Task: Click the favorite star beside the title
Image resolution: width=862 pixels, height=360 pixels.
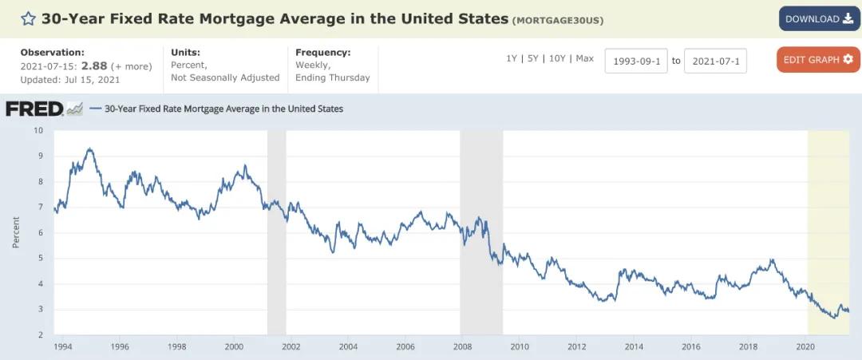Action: [x=29, y=18]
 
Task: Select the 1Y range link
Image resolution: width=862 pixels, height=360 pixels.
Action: [x=512, y=58]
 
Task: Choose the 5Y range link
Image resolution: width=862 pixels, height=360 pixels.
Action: [x=532, y=58]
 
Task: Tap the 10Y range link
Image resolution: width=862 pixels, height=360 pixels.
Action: [x=557, y=58]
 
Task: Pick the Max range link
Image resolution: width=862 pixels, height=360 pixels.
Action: [x=585, y=58]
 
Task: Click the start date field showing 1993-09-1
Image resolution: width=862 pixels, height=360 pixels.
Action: [x=635, y=61]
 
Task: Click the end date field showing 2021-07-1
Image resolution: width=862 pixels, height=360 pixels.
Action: [x=715, y=61]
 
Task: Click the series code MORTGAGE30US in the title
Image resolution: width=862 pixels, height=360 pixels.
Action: [x=558, y=19]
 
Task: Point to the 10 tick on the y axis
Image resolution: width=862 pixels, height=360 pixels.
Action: [x=38, y=130]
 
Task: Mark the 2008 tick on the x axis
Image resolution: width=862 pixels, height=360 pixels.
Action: [x=462, y=346]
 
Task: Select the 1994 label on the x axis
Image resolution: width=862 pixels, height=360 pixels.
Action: [x=63, y=346]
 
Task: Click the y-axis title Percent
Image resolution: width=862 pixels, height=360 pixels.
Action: [x=16, y=232]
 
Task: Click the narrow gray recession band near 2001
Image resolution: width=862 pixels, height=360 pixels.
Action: [x=276, y=231]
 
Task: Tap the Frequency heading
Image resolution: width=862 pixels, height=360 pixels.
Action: [x=322, y=52]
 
